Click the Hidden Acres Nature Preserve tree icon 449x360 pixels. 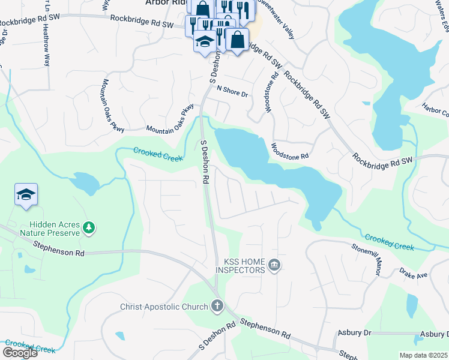coord(89,227)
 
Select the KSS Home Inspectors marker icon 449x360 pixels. coord(274,265)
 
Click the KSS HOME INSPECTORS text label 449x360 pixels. coord(244,266)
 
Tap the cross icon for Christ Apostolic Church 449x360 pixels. coord(217,307)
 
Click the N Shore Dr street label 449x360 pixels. coord(232,89)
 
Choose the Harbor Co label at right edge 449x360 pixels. coord(435,111)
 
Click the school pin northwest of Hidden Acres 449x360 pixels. coord(26,194)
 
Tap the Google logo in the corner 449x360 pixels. coord(20,352)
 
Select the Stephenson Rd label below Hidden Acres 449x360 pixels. coord(58,250)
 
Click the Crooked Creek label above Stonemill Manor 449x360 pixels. coord(389,242)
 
